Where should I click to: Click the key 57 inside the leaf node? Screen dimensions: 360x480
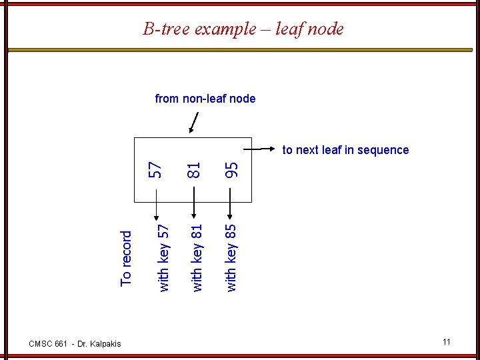[155, 169]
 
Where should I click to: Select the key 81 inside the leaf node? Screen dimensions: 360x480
[193, 169]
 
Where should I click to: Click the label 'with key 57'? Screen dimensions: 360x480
[163, 257]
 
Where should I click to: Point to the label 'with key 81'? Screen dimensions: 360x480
[197, 257]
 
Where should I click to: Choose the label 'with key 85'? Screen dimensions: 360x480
[231, 257]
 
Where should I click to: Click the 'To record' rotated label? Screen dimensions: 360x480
[126, 258]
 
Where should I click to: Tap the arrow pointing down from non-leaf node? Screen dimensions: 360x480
[194, 123]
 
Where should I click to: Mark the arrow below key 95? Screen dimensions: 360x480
[230, 204]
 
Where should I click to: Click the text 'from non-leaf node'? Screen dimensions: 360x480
[205, 99]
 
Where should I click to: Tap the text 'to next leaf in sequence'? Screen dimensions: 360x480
[345, 150]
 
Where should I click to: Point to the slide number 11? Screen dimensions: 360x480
[446, 342]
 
